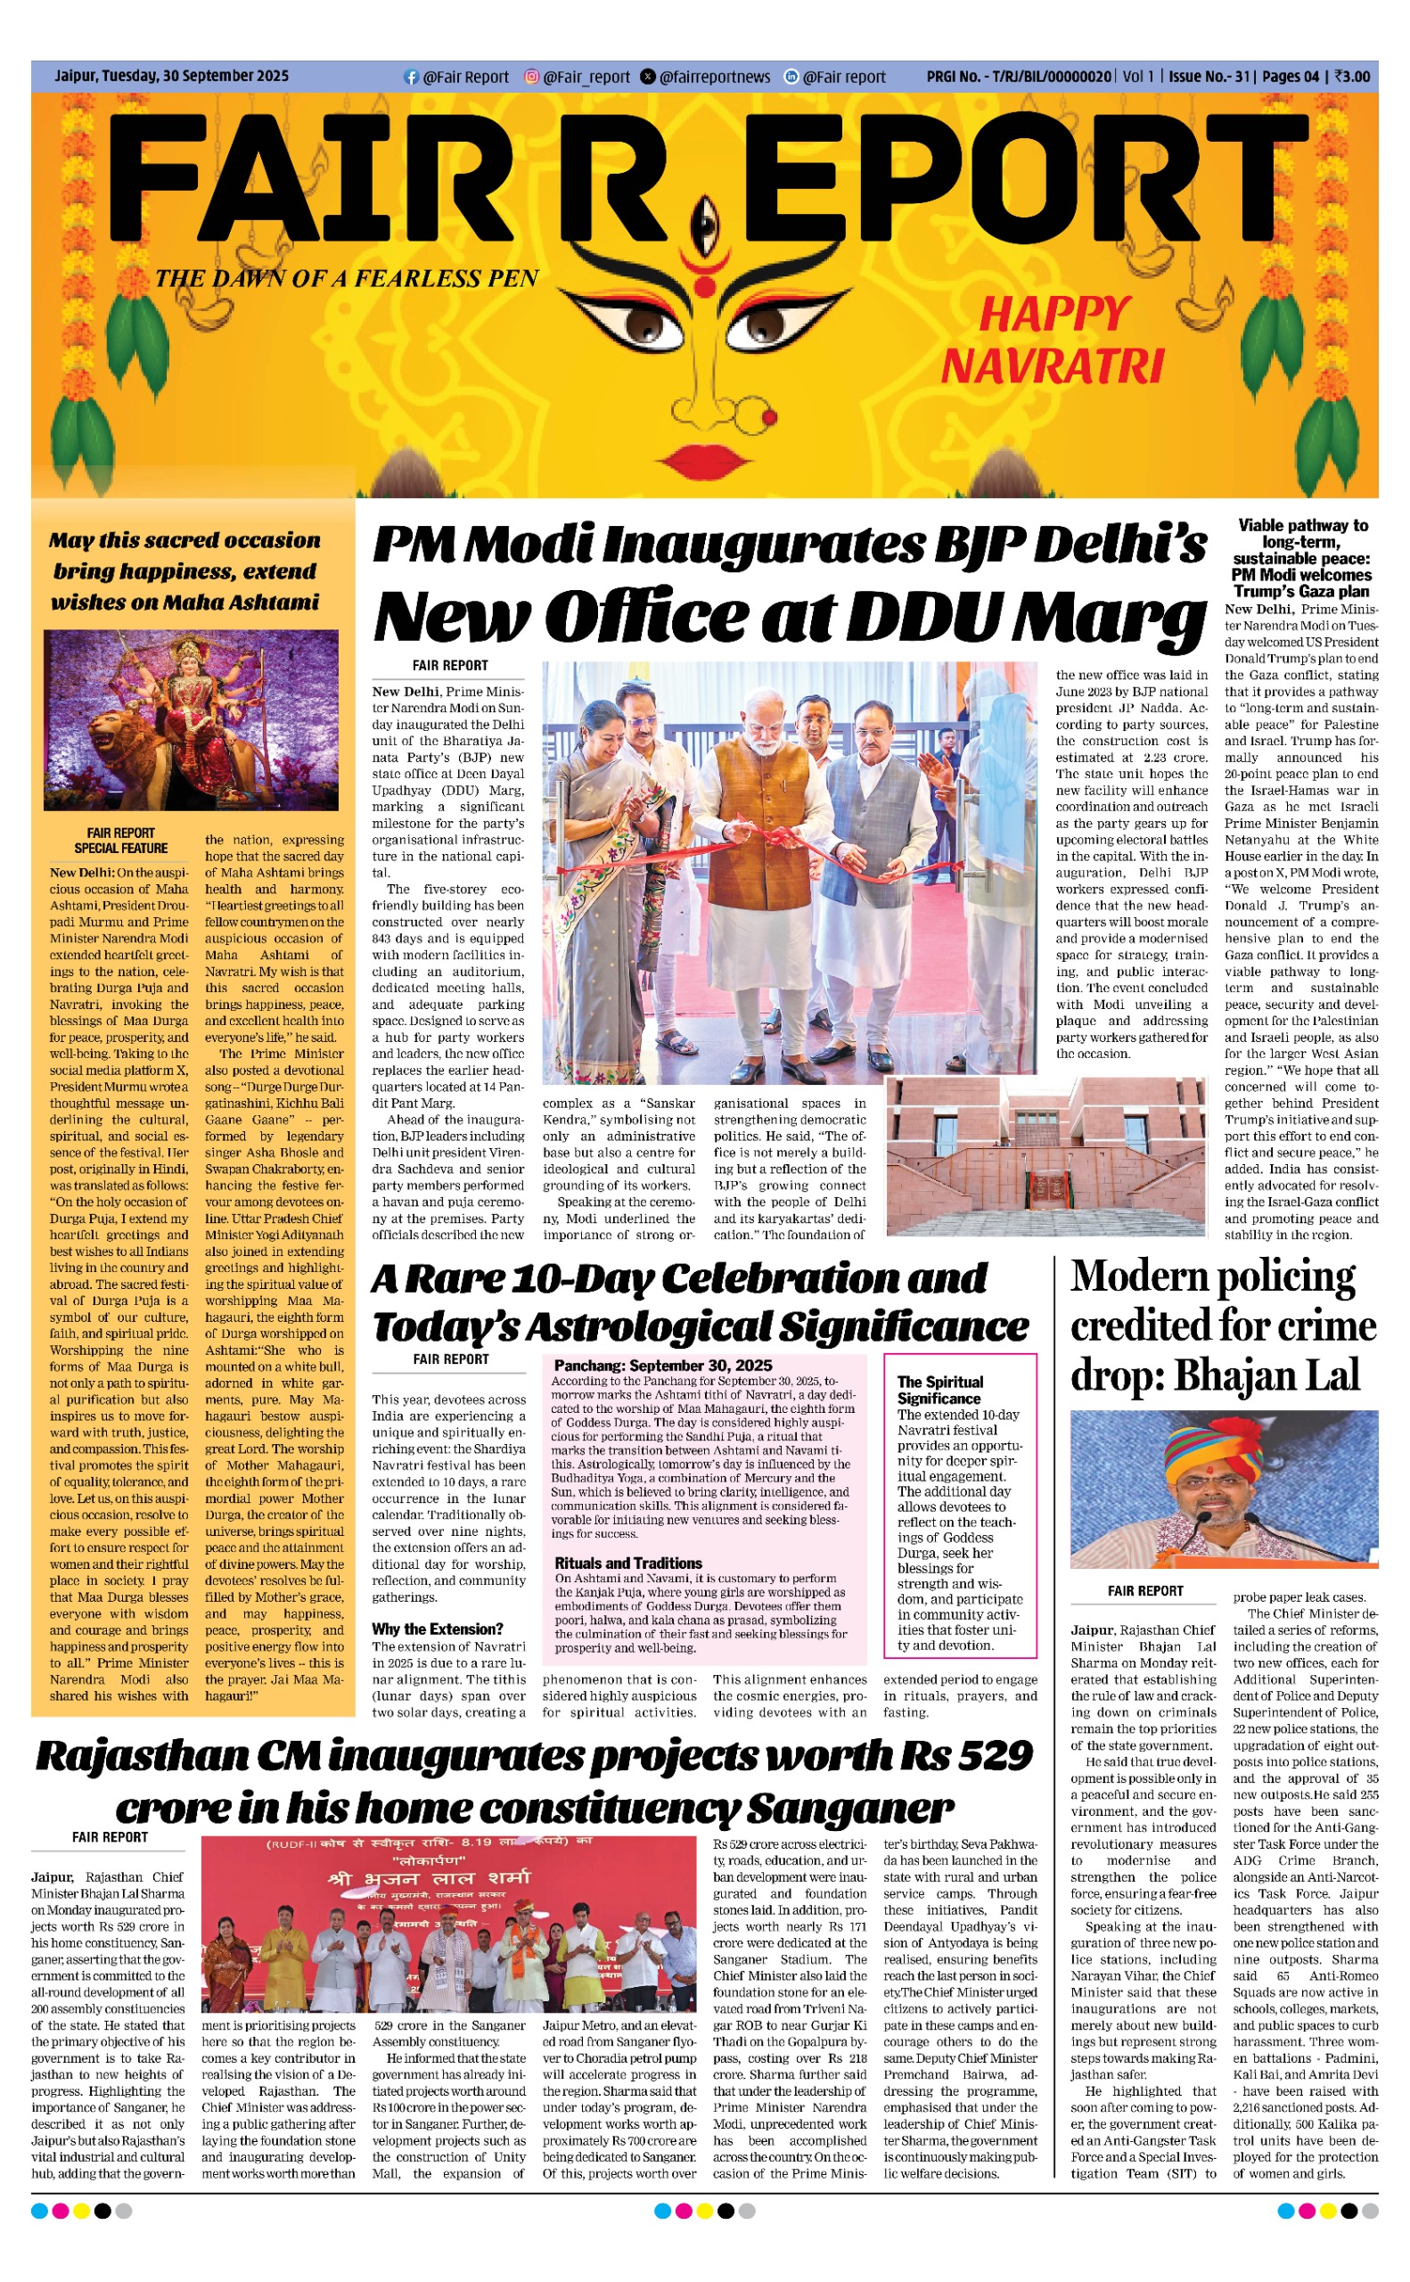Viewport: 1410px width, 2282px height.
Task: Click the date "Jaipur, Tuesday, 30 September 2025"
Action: (172, 77)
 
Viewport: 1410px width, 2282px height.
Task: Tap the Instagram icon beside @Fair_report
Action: (531, 77)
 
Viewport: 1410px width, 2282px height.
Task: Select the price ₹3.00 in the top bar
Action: (1352, 77)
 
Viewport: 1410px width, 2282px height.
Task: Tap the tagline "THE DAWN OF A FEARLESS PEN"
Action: (347, 279)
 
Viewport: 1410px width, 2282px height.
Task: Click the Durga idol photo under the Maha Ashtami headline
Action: (191, 720)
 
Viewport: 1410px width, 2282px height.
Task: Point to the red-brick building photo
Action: (1045, 1156)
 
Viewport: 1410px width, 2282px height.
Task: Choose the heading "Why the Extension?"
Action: (438, 1629)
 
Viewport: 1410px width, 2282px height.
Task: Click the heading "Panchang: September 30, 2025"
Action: (663, 1366)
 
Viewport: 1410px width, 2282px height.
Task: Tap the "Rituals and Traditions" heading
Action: (627, 1563)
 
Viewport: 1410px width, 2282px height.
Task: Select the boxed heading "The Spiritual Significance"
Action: (939, 1390)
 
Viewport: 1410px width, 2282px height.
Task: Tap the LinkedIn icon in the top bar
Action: (791, 77)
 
